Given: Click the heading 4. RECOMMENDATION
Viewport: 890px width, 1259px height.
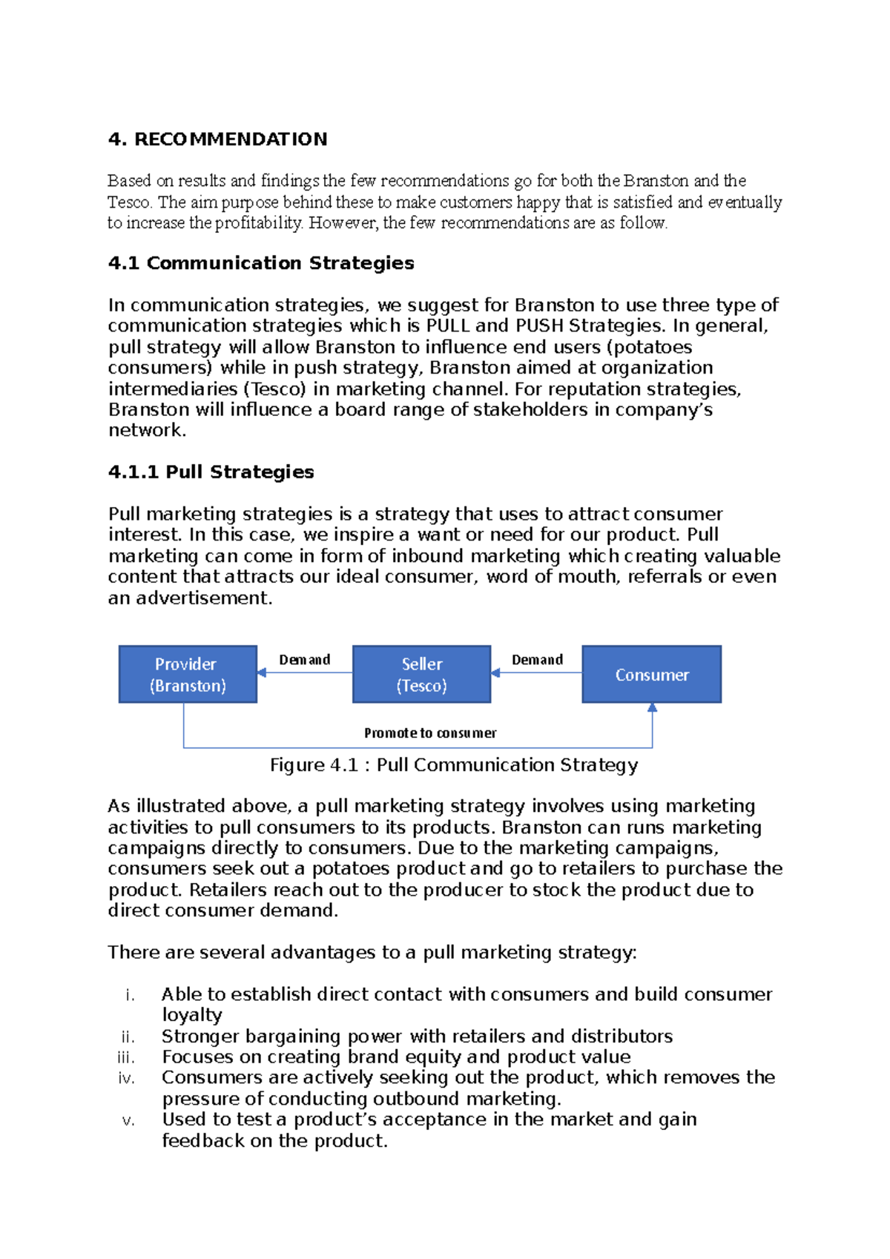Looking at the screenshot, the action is pyautogui.click(x=217, y=139).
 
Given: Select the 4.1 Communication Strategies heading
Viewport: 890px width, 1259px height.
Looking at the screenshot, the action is pyautogui.click(x=261, y=263).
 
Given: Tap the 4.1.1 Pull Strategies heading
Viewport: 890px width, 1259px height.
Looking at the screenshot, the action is pyautogui.click(x=211, y=472).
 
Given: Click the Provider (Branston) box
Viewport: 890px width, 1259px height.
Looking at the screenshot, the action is pyautogui.click(x=188, y=674).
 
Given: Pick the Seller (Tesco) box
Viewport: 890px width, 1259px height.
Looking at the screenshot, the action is pyautogui.click(x=421, y=674).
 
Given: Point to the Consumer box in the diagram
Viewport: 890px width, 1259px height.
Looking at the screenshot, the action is pyautogui.click(x=651, y=674).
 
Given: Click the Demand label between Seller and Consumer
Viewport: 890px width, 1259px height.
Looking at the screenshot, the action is pyautogui.click(x=537, y=660).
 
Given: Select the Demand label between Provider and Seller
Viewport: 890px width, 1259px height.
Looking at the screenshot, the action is pyautogui.click(x=304, y=660).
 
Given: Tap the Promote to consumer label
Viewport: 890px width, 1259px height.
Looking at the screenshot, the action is pyautogui.click(x=430, y=733).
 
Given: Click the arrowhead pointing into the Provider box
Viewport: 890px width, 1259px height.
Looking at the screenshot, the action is pyautogui.click(x=262, y=673).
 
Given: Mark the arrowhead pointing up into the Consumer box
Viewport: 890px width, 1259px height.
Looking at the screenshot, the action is pyautogui.click(x=652, y=708).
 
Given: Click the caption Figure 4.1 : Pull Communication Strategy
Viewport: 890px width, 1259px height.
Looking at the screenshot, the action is pyautogui.click(x=453, y=765).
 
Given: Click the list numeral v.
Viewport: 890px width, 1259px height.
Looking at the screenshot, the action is pyautogui.click(x=128, y=1120).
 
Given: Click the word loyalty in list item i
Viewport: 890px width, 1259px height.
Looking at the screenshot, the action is pyautogui.click(x=192, y=1015).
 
